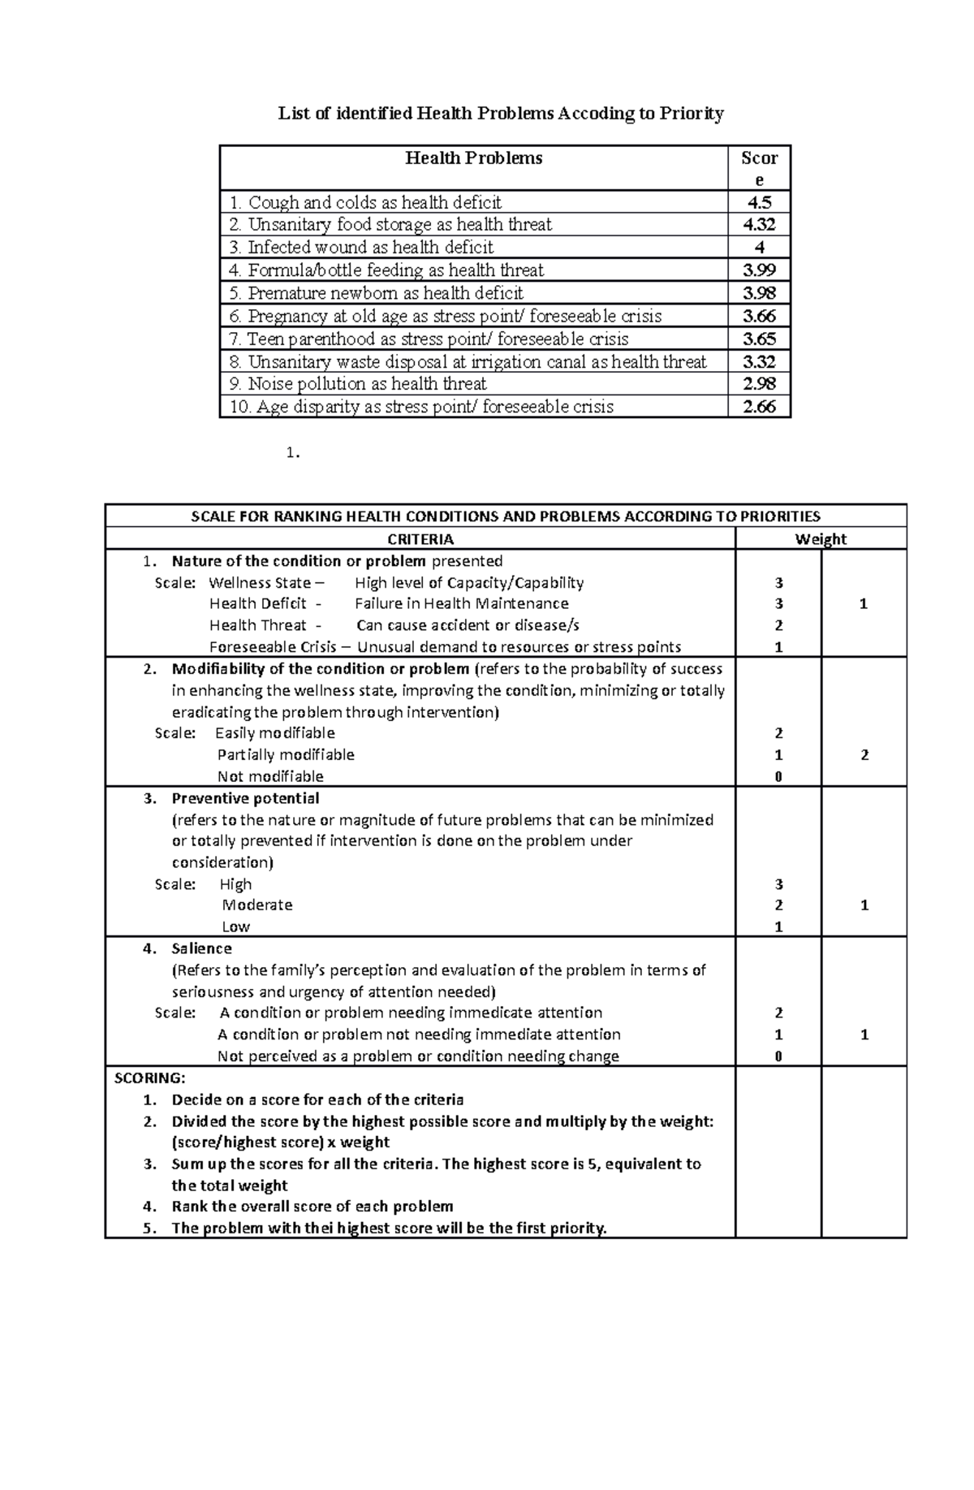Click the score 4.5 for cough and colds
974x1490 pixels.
point(759,202)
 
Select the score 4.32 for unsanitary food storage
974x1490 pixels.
point(759,225)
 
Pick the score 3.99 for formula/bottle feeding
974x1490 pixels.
point(759,270)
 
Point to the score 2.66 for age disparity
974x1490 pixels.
point(759,407)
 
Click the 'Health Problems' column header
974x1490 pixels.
point(474,158)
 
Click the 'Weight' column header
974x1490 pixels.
point(821,539)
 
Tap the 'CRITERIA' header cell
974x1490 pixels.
point(420,539)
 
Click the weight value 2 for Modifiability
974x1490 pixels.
point(864,755)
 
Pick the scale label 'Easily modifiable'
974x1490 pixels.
point(275,733)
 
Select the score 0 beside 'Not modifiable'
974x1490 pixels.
point(778,777)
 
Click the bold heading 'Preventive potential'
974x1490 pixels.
point(245,798)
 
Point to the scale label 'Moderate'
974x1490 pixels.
point(257,905)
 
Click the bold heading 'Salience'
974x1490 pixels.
point(201,948)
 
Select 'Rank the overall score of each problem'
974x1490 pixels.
point(312,1207)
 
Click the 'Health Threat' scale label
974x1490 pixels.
point(258,625)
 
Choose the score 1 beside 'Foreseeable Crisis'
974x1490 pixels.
point(778,647)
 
